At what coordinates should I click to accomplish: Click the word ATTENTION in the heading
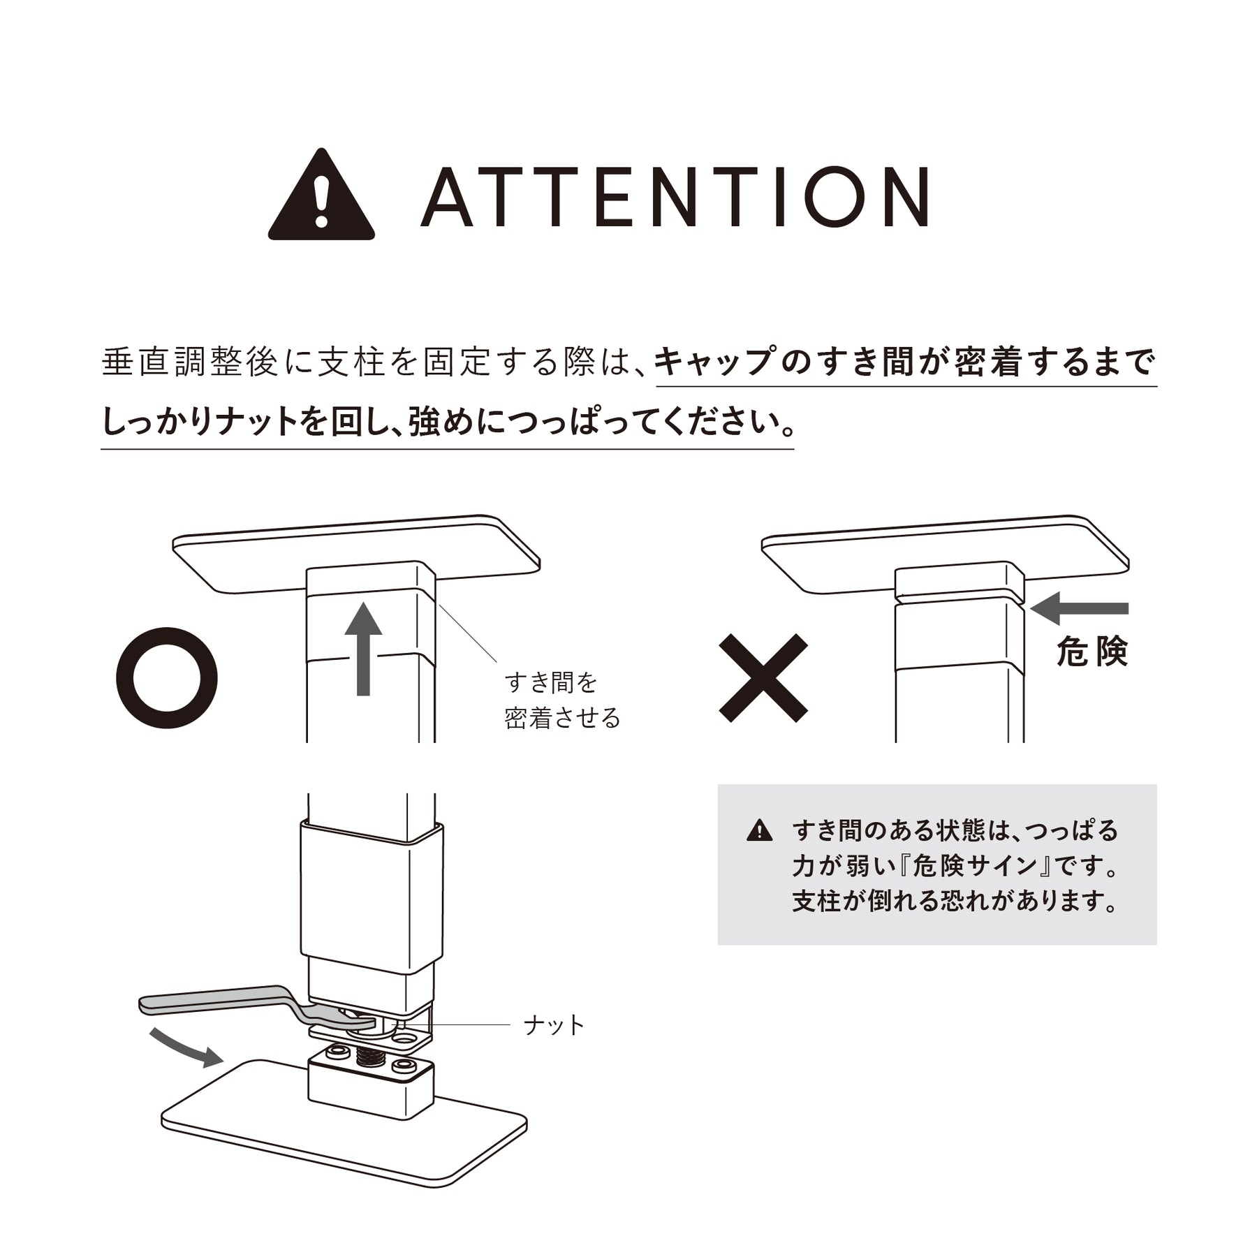674,197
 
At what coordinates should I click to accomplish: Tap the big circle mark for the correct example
167,678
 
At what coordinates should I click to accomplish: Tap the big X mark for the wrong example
763,678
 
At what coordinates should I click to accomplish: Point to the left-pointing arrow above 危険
1079,608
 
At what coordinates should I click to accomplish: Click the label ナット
554,1025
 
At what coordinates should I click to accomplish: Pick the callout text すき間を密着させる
562,700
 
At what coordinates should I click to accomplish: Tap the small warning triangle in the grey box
759,831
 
